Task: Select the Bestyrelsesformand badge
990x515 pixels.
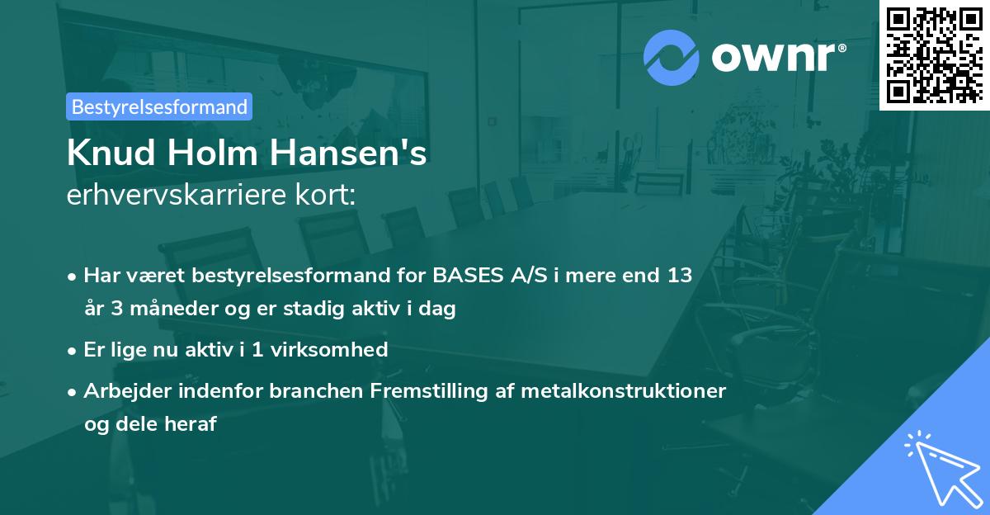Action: [x=159, y=106]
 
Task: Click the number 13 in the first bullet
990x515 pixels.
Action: [x=681, y=276]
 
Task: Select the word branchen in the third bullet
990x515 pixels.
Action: [x=308, y=390]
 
